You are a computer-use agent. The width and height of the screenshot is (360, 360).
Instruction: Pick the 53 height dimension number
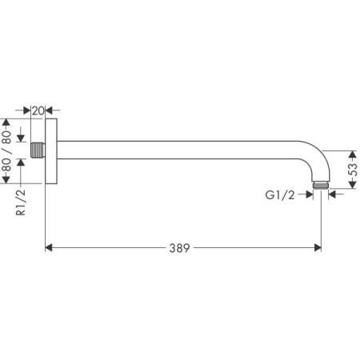[352, 170]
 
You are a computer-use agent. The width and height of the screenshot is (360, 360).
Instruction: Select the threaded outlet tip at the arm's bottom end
[321, 186]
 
